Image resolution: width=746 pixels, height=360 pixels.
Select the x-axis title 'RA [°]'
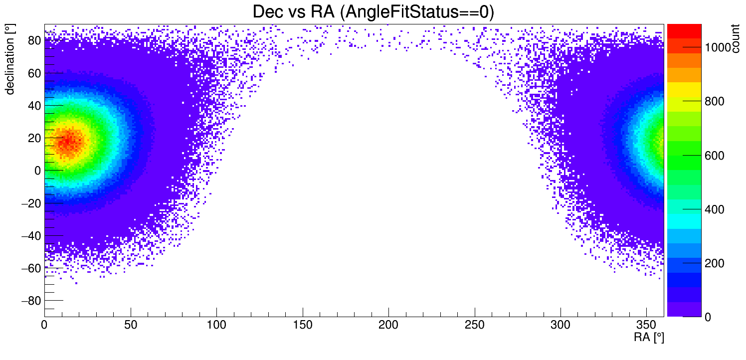[x=649, y=338]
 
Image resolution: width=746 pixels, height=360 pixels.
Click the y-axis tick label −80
[x=31, y=301]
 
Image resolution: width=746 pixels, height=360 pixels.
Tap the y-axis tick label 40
[x=34, y=106]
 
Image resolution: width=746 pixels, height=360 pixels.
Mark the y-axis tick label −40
[x=31, y=235]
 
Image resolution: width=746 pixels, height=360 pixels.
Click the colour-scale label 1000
[x=718, y=47]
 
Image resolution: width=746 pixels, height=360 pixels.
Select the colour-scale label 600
[x=714, y=156]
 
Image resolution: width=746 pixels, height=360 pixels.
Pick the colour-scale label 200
[x=714, y=263]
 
